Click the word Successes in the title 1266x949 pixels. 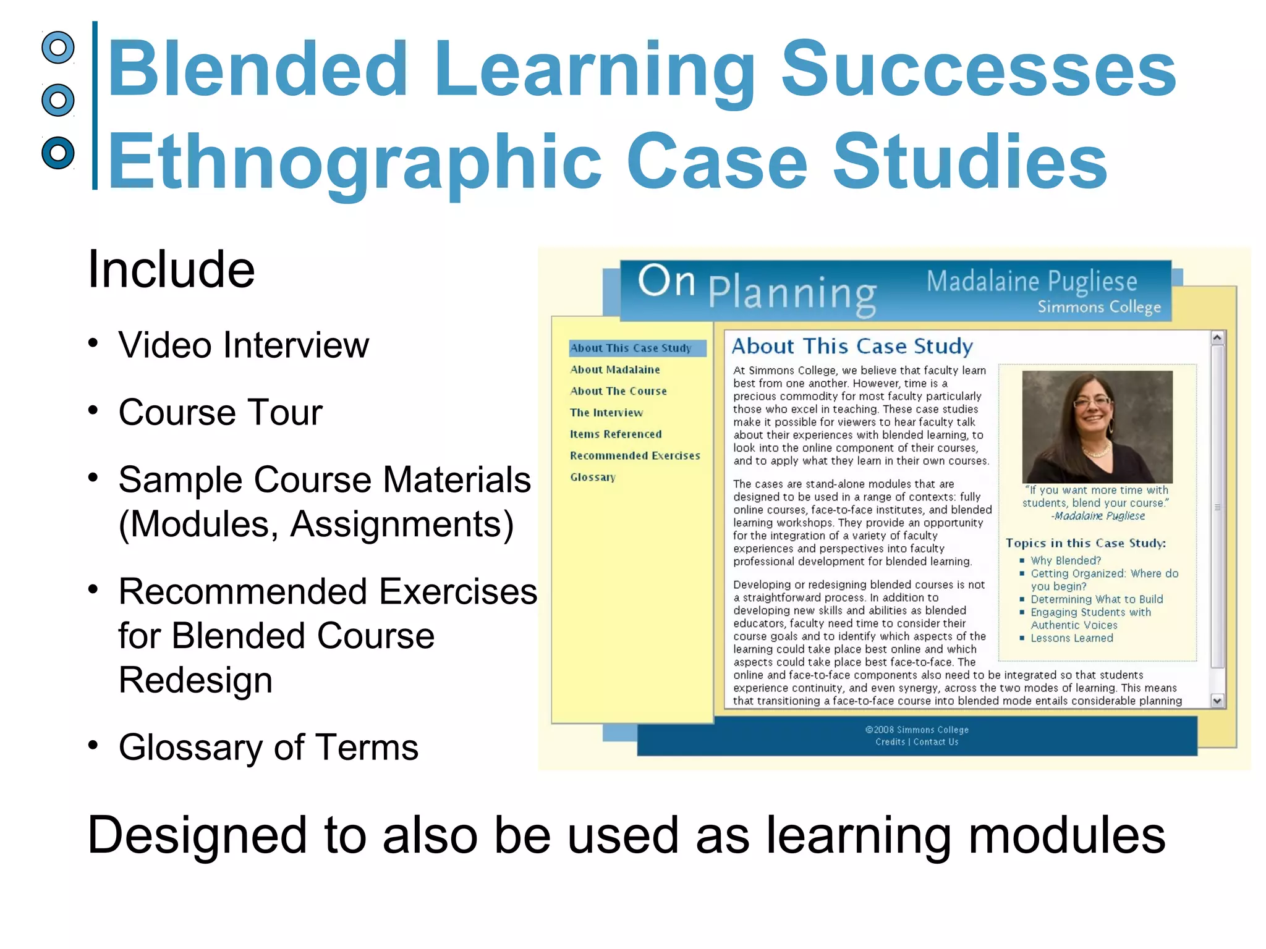pos(979,69)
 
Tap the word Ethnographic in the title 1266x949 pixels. pos(354,162)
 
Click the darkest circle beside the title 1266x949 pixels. pos(58,153)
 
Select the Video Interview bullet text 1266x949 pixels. pos(244,345)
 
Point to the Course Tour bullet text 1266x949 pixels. pos(220,412)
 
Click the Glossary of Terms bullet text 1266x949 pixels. pos(268,747)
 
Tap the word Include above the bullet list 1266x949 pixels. pos(171,269)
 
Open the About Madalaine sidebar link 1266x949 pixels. pos(615,369)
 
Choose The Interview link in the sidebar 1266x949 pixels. pos(606,413)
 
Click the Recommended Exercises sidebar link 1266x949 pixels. pos(635,456)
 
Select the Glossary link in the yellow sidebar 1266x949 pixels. pos(593,478)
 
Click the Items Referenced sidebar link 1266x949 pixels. pos(616,434)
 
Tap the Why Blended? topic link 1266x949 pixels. pos(1066,561)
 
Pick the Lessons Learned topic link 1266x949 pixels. pos(1072,638)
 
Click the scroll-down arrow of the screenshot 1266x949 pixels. pos(1217,701)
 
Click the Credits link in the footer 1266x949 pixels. pos(890,742)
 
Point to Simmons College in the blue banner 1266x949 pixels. pos(1099,307)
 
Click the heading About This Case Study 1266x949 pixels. pos(852,347)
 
